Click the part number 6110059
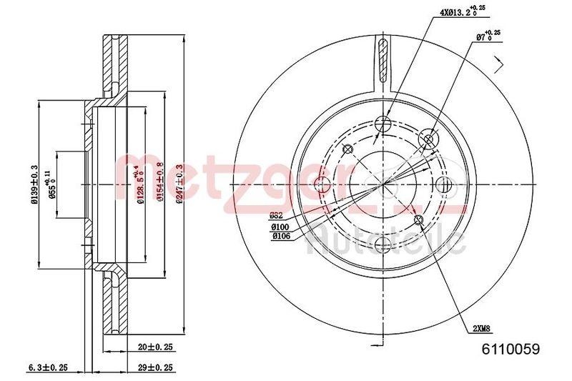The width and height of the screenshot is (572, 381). pos(511,350)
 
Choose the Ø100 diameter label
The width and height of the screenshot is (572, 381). pos(280,227)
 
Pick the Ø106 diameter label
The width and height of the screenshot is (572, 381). pos(280,237)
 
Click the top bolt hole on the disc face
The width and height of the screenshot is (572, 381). pos(385,122)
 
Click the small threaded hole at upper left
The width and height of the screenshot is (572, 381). pos(348,149)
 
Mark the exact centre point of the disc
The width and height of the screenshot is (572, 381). pos(385,184)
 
